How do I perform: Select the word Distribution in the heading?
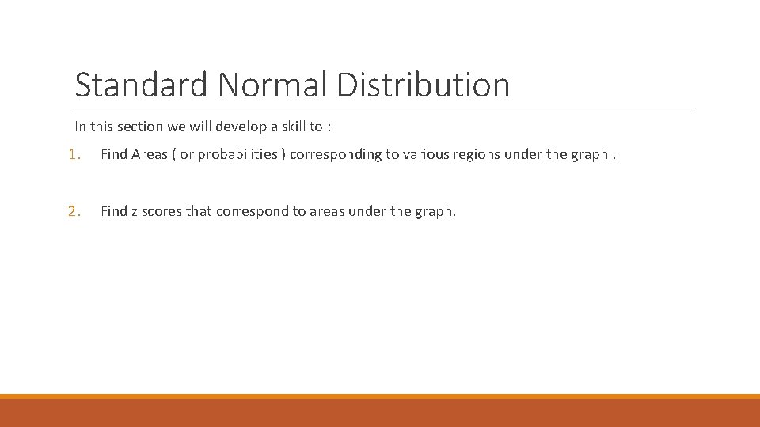(x=424, y=85)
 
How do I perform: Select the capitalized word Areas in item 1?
(x=150, y=154)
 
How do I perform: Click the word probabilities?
(x=234, y=154)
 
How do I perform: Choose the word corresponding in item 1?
(x=336, y=154)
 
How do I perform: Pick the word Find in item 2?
(x=114, y=211)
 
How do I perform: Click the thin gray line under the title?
(x=385, y=108)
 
